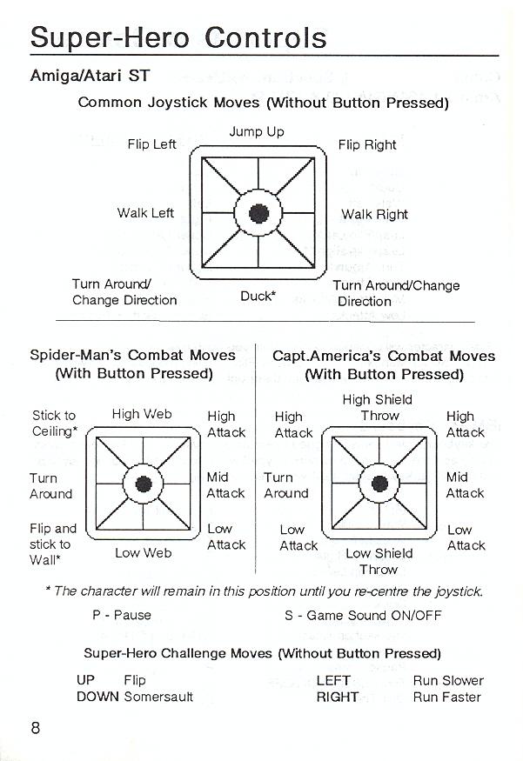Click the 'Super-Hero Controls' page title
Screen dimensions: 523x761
click(178, 38)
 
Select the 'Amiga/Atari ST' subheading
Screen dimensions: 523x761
click(90, 76)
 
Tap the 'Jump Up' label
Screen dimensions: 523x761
click(257, 132)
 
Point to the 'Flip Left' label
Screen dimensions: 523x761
click(152, 144)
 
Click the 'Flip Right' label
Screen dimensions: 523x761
click(367, 144)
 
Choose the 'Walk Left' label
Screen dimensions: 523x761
click(145, 212)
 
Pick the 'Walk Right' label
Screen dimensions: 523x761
click(374, 214)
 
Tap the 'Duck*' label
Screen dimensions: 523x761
click(258, 296)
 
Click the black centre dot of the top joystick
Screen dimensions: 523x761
click(258, 213)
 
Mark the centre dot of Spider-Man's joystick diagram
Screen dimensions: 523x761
click(144, 484)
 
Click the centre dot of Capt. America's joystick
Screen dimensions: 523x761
click(379, 484)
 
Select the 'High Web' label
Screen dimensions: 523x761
click(142, 414)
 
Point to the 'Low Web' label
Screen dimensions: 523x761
click(144, 553)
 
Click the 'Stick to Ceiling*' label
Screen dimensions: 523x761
click(54, 424)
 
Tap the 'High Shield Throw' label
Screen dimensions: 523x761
click(378, 408)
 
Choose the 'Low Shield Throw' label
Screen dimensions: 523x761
click(379, 561)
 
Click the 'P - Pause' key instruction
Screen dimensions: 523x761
click(122, 615)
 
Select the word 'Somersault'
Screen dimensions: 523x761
click(158, 697)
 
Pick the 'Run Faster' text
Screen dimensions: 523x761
click(446, 697)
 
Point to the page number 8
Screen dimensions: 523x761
click(36, 728)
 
